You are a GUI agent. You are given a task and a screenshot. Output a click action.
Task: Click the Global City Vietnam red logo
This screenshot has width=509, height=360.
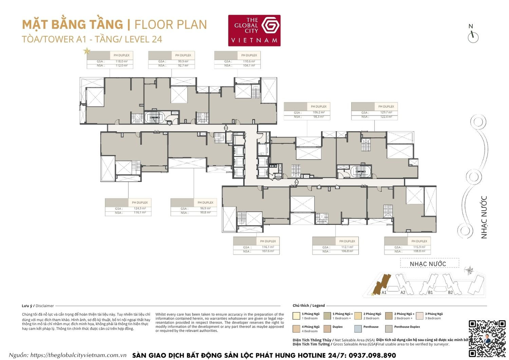254,30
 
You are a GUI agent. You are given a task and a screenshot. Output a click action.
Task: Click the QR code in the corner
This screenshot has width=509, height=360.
487,338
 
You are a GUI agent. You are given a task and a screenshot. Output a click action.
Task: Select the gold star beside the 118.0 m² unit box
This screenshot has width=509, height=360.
87,51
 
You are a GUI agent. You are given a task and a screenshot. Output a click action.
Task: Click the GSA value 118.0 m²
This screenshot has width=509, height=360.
121,61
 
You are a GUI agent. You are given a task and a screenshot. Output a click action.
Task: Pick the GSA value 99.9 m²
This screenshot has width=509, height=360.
183,61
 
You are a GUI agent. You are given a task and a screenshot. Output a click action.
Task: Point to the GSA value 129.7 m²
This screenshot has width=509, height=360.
386,112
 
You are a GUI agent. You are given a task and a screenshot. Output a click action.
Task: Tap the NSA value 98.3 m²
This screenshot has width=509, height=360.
318,117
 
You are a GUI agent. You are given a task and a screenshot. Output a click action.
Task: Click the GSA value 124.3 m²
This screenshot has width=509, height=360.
139,209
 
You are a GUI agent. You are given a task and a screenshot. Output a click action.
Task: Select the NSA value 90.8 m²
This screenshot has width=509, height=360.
205,213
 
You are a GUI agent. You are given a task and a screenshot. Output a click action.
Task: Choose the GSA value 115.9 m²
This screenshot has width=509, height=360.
419,247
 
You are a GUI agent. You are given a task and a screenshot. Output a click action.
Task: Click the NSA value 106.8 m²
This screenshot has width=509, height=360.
347,251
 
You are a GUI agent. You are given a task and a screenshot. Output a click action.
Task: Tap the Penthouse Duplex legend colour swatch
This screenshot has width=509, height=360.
389,329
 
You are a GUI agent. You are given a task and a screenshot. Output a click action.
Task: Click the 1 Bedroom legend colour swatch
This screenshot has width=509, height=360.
296,316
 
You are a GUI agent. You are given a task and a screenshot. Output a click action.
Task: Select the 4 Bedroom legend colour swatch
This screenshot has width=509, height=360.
296,329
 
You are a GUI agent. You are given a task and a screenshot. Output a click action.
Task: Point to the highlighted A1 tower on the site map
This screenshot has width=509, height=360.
382,284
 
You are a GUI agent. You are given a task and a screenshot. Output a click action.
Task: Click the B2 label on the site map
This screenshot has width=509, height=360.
450,292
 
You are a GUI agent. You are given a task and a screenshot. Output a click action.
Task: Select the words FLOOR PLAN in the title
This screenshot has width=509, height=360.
170,25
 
